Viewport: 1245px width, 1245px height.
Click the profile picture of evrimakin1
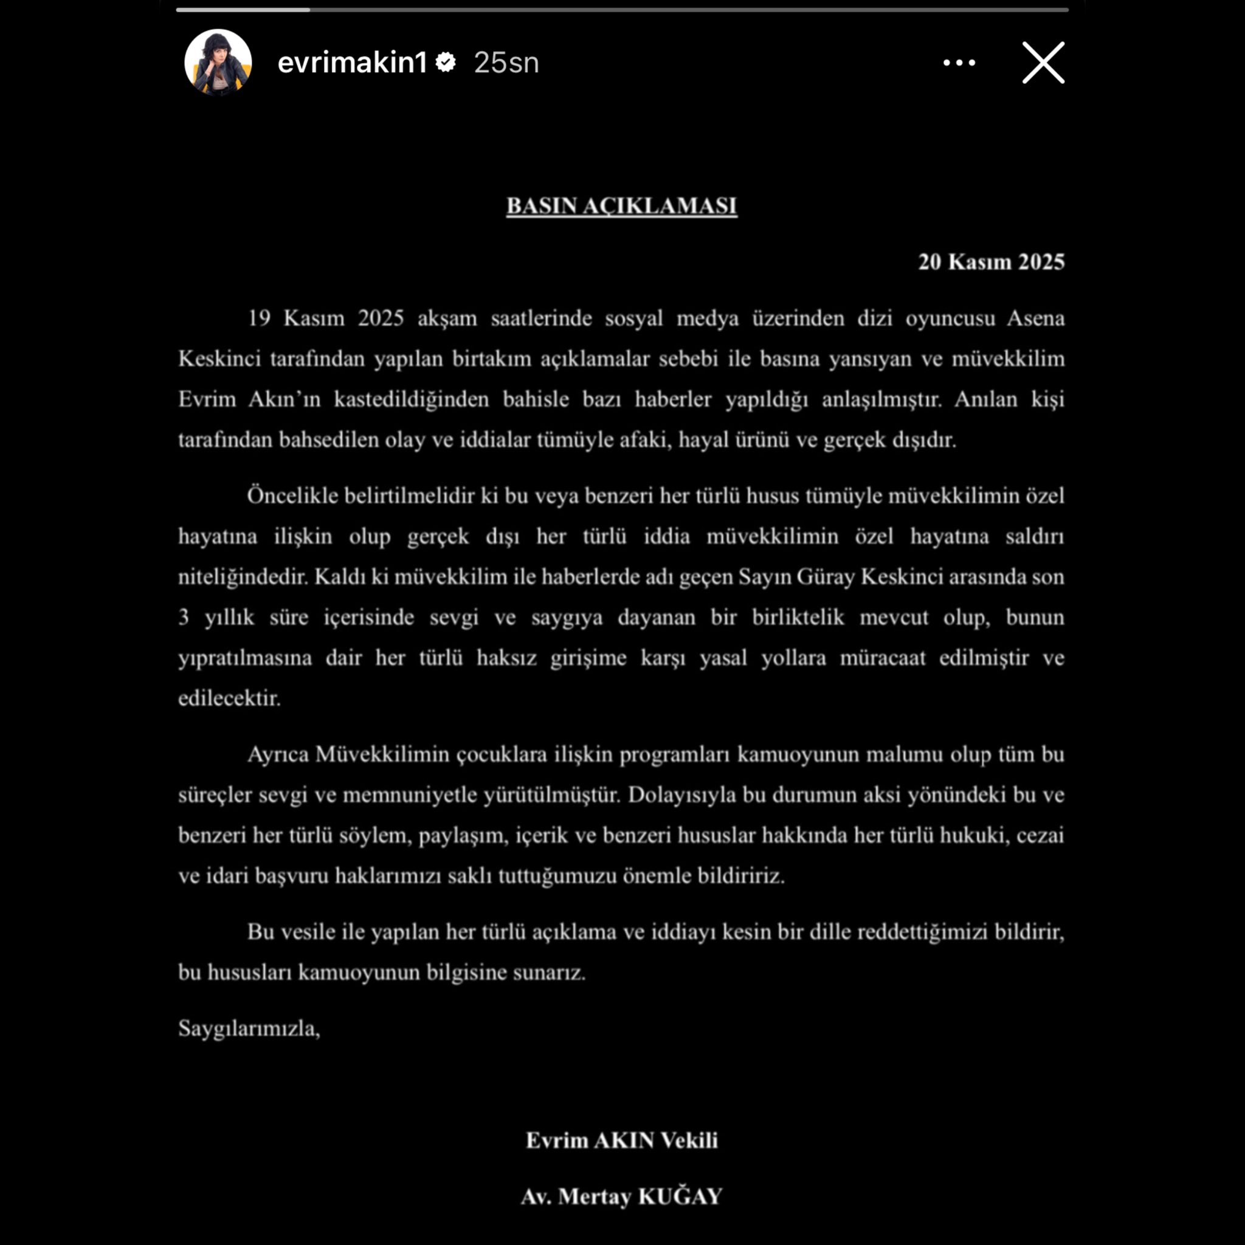(218, 63)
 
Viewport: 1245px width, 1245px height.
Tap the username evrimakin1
(352, 63)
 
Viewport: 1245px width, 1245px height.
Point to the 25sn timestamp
(506, 63)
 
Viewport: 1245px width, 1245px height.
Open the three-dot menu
(959, 63)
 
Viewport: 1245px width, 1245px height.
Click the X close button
(1043, 63)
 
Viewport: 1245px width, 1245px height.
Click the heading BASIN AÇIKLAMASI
(622, 205)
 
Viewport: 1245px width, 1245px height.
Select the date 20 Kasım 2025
(991, 261)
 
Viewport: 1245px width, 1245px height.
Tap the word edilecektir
(229, 698)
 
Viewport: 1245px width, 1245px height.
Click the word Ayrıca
(278, 754)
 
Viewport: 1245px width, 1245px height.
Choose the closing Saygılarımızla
(249, 1028)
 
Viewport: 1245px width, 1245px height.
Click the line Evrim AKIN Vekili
(622, 1140)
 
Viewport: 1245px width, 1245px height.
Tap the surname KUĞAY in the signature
(680, 1196)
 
